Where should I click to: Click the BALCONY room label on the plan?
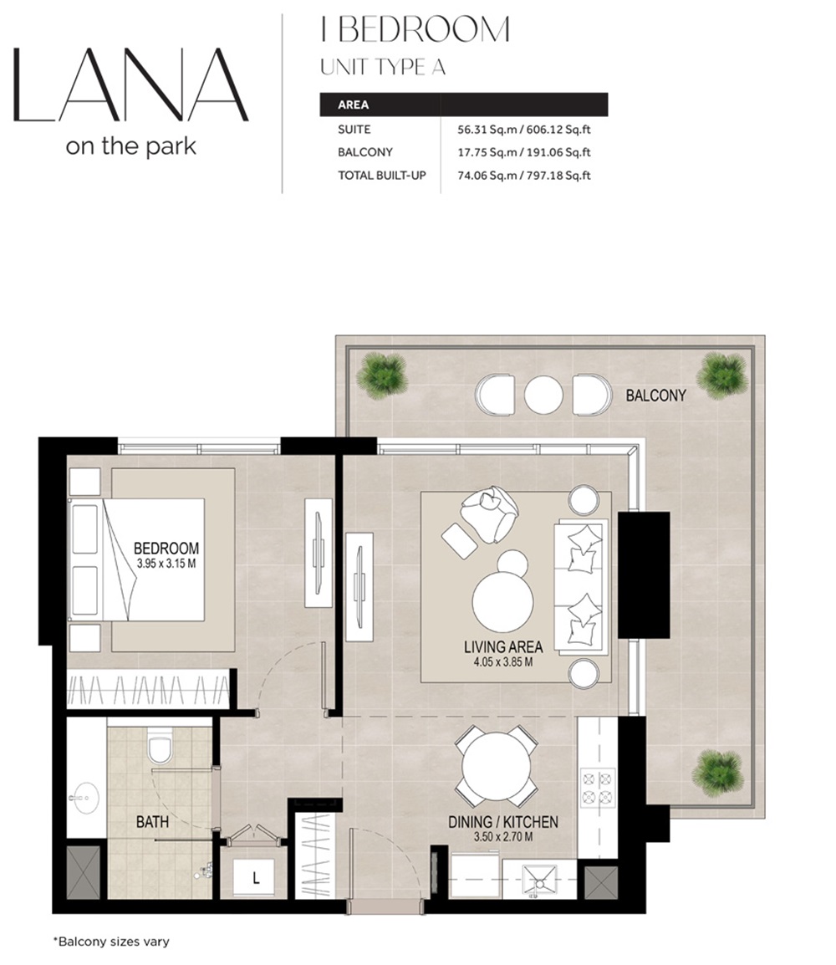pyautogui.click(x=655, y=396)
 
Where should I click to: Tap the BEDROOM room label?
pyautogui.click(x=166, y=549)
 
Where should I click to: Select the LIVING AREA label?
pyautogui.click(x=503, y=646)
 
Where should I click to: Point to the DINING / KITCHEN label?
pyautogui.click(x=502, y=822)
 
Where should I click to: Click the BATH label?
pyautogui.click(x=152, y=822)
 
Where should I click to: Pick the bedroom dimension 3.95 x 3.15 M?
pyautogui.click(x=166, y=564)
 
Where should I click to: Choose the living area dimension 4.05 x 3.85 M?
pyautogui.click(x=503, y=661)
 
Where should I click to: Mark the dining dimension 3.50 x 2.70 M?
pyautogui.click(x=502, y=836)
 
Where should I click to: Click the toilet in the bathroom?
pyautogui.click(x=158, y=747)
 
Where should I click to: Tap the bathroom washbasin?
pyautogui.click(x=84, y=795)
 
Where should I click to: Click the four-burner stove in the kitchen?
pyautogui.click(x=597, y=787)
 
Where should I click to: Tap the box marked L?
pyautogui.click(x=256, y=878)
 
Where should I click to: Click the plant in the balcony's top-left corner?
pyautogui.click(x=384, y=372)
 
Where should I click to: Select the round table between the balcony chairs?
pyautogui.click(x=543, y=394)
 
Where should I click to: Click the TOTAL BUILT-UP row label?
pyautogui.click(x=376, y=176)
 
